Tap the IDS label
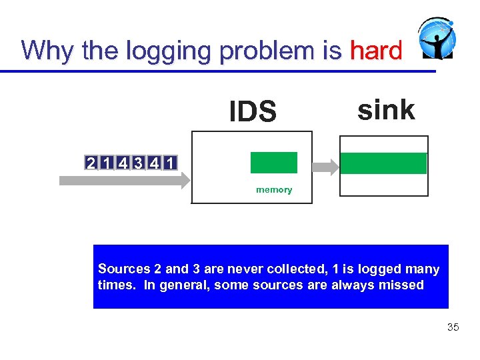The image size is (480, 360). tap(253, 112)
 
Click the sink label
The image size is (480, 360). tap(386, 109)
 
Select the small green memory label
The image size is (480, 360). tap(274, 190)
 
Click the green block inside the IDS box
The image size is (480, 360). tap(273, 163)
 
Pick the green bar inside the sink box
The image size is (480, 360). tap(383, 163)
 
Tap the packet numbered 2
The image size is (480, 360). tap(89, 162)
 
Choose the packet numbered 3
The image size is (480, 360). tap(137, 162)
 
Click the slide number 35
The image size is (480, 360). tap(453, 327)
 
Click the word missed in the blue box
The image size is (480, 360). tap(403, 285)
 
